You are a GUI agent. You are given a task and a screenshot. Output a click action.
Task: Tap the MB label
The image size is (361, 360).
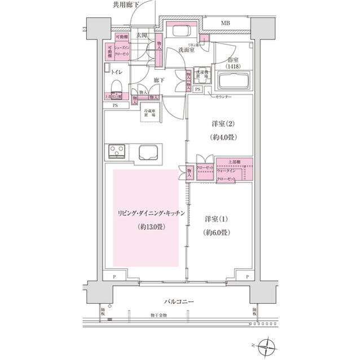point(225,23)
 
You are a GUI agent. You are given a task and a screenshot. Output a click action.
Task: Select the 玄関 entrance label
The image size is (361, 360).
point(141,35)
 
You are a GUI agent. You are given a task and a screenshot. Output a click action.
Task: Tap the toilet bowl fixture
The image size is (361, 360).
point(117,85)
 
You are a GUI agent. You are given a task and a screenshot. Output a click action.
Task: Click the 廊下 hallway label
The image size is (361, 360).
point(159,81)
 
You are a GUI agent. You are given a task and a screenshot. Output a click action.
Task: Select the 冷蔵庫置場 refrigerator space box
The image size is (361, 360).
point(151,113)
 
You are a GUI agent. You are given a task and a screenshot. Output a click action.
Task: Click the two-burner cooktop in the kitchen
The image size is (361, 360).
point(117,151)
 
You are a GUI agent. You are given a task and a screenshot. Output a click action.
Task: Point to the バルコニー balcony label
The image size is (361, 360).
point(179,302)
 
